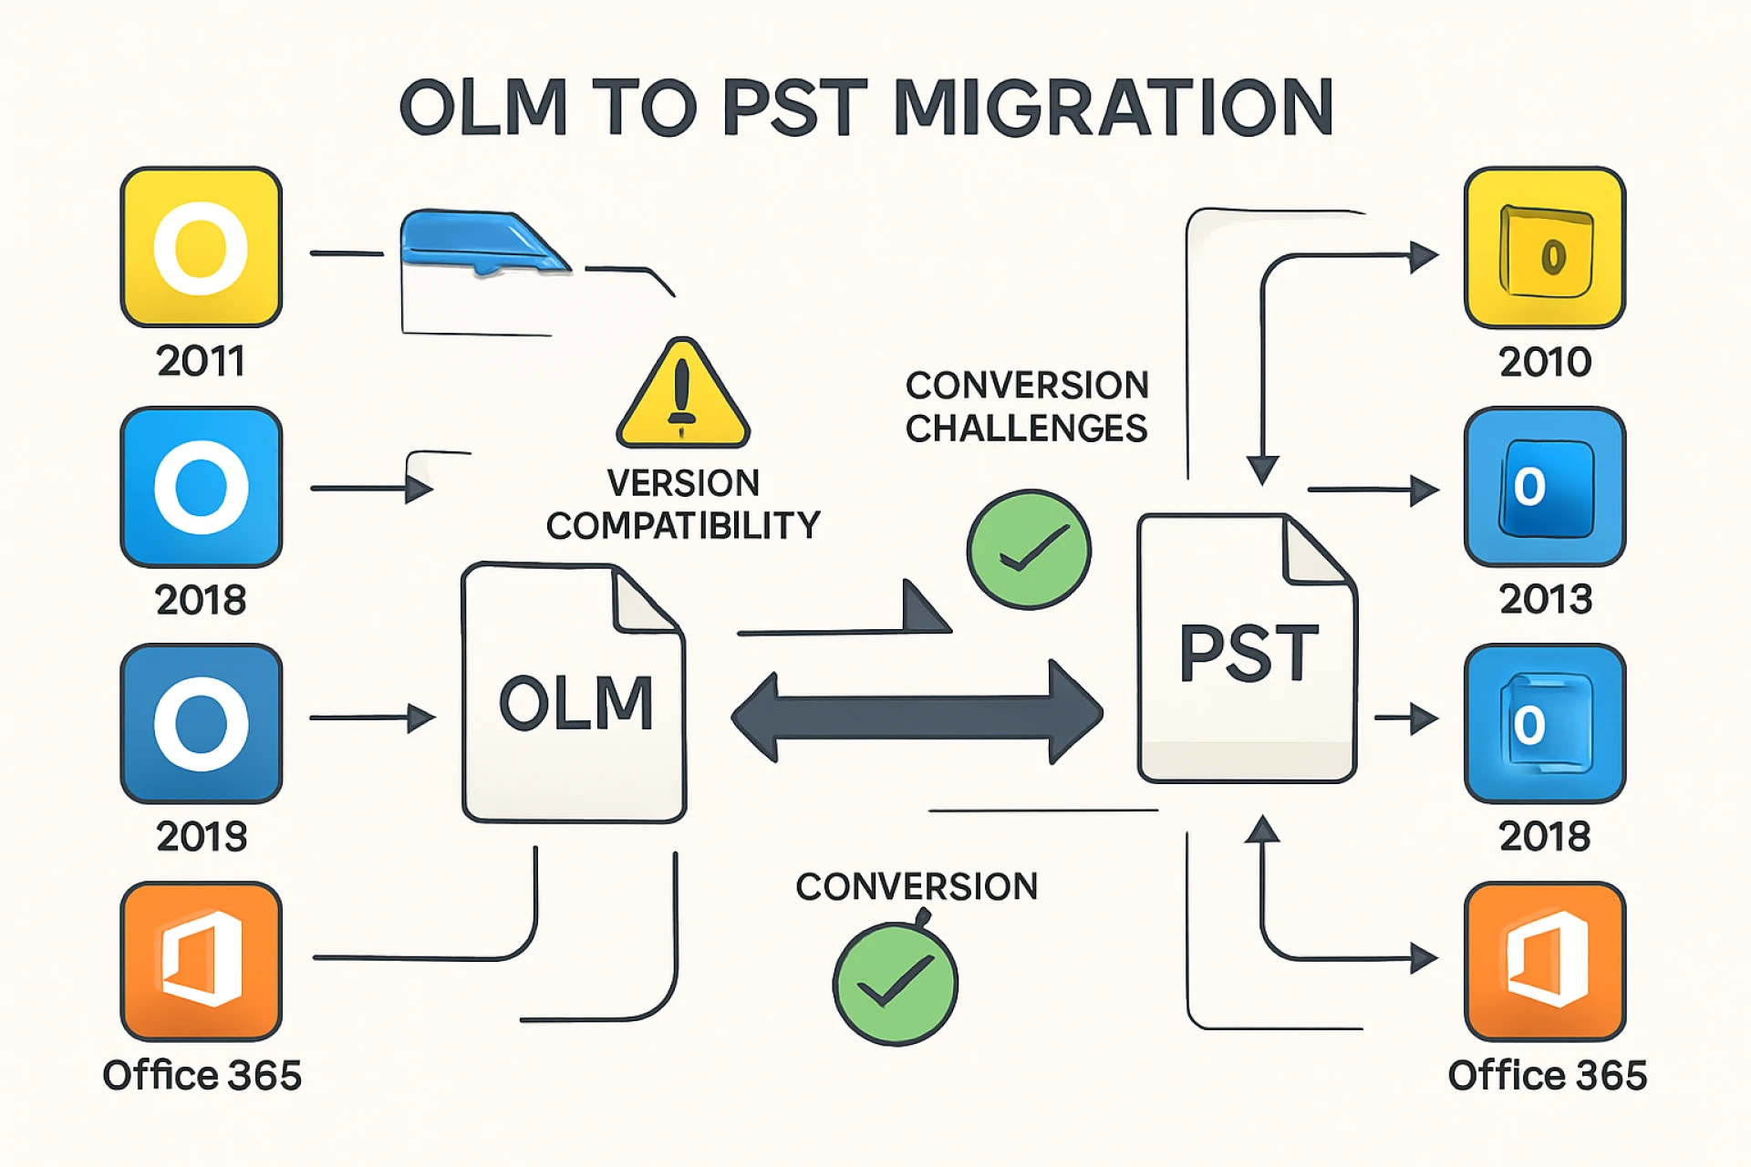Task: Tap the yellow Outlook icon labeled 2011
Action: point(201,247)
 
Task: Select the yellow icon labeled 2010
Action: point(1544,247)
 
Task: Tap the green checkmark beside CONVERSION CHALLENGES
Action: point(1028,550)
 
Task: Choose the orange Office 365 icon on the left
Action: point(201,961)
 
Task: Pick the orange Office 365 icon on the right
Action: point(1544,961)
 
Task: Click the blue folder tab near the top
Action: point(483,242)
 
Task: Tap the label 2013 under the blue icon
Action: point(1545,599)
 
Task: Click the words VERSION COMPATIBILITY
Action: point(682,504)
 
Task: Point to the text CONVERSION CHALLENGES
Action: point(1026,407)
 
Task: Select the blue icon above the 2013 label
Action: point(1544,487)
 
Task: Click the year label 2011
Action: point(201,361)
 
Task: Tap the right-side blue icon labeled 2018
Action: point(1544,724)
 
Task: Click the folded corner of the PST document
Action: point(1314,549)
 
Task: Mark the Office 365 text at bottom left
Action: point(202,1076)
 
